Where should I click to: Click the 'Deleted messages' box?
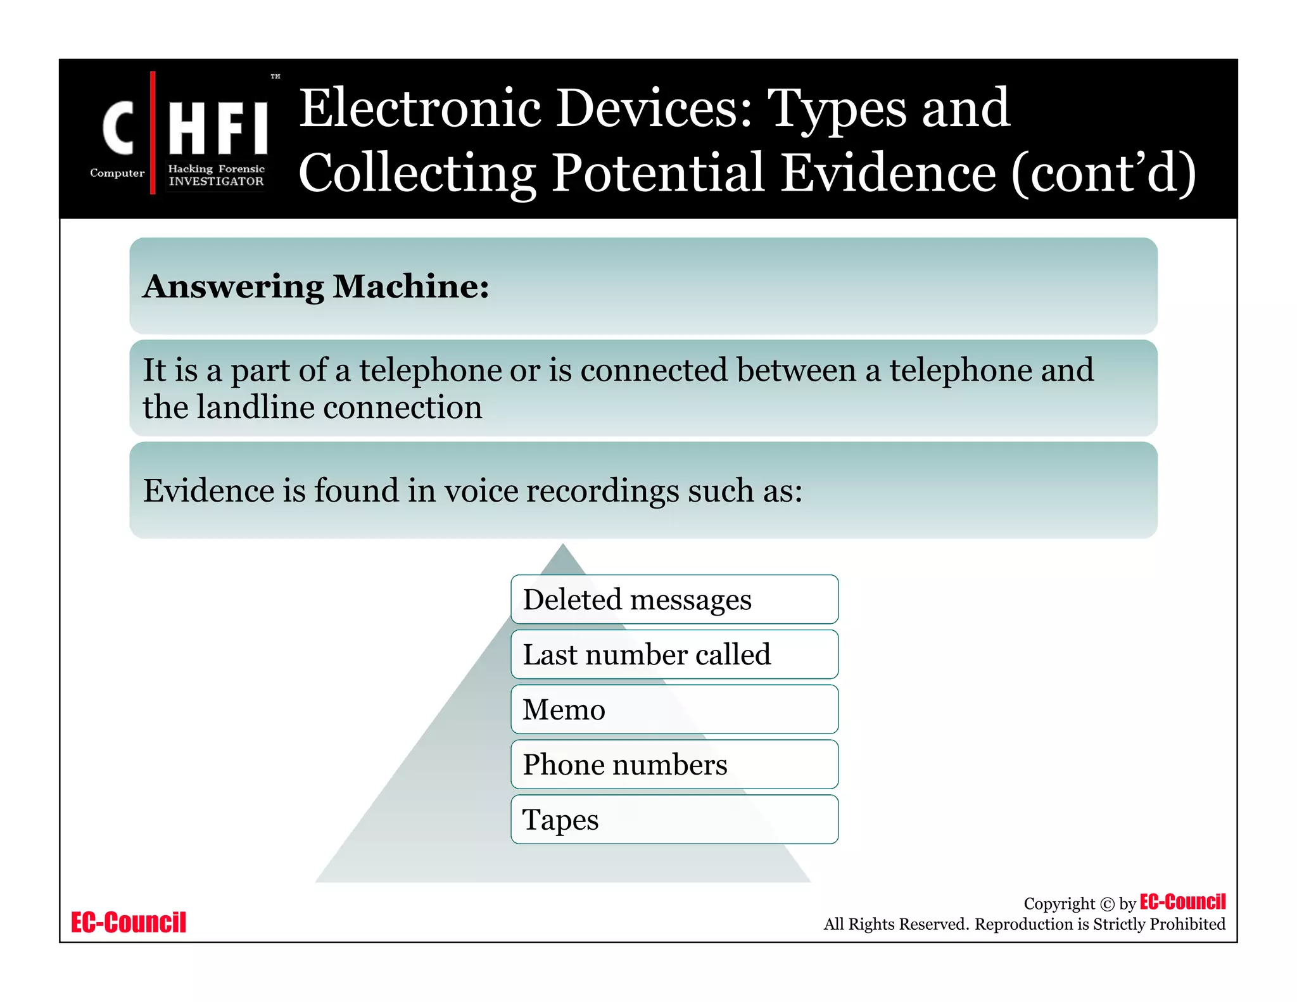click(x=674, y=599)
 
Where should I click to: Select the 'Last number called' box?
click(x=674, y=654)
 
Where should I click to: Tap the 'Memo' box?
click(x=674, y=709)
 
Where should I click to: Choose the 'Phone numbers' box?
click(x=674, y=764)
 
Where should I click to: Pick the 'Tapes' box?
click(x=674, y=820)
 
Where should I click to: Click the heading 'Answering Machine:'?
click(x=316, y=286)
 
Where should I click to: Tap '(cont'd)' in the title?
click(x=1103, y=173)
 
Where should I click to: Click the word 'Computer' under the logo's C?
click(x=117, y=173)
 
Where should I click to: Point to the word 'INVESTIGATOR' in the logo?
click(x=216, y=181)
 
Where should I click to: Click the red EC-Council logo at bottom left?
click(x=129, y=922)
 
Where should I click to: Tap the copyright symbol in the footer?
click(x=1107, y=904)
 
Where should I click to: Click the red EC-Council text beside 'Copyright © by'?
click(x=1182, y=901)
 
